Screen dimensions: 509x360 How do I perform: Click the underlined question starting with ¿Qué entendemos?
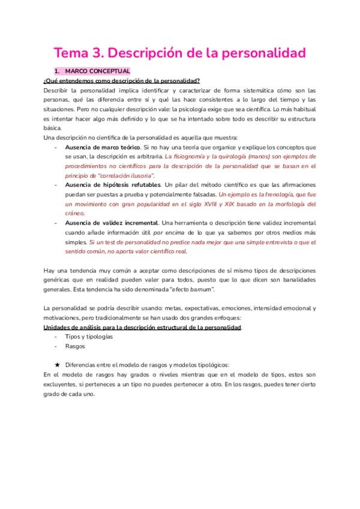122,81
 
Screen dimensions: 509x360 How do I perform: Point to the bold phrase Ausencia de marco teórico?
103,147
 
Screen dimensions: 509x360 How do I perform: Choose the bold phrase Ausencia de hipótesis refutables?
113,185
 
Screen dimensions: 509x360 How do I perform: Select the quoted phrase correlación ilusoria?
125,175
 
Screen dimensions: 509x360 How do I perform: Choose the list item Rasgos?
74,346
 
